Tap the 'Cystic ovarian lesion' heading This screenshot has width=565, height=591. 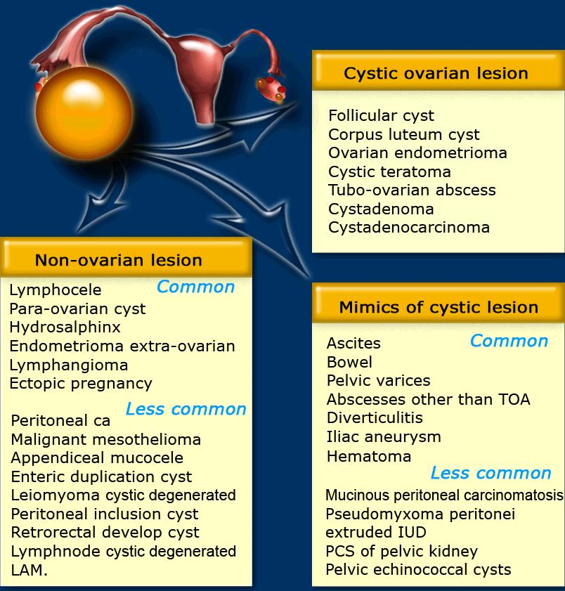[x=436, y=73]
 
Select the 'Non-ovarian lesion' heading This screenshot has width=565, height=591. [x=118, y=260]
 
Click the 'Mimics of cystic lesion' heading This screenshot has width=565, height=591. [x=439, y=307]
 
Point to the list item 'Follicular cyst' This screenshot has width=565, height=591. [x=381, y=116]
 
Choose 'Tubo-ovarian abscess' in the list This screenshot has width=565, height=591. [x=412, y=190]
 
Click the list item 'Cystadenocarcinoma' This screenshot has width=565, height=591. [x=409, y=228]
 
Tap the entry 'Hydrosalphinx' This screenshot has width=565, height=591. [x=65, y=327]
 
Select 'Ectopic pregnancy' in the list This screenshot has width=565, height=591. [x=81, y=384]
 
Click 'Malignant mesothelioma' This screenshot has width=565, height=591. [x=106, y=440]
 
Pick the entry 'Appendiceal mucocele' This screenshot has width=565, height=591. [x=97, y=458]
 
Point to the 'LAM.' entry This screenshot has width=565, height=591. [x=30, y=570]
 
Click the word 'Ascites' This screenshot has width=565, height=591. [x=353, y=344]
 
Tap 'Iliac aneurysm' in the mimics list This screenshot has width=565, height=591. [x=384, y=436]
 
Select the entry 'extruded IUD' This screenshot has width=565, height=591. [x=376, y=532]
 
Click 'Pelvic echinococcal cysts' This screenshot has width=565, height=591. [x=418, y=569]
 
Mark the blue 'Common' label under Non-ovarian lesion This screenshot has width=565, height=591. [x=195, y=287]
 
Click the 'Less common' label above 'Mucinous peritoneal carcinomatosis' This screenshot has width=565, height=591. [x=491, y=473]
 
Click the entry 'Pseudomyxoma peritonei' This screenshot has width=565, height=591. [x=420, y=514]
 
